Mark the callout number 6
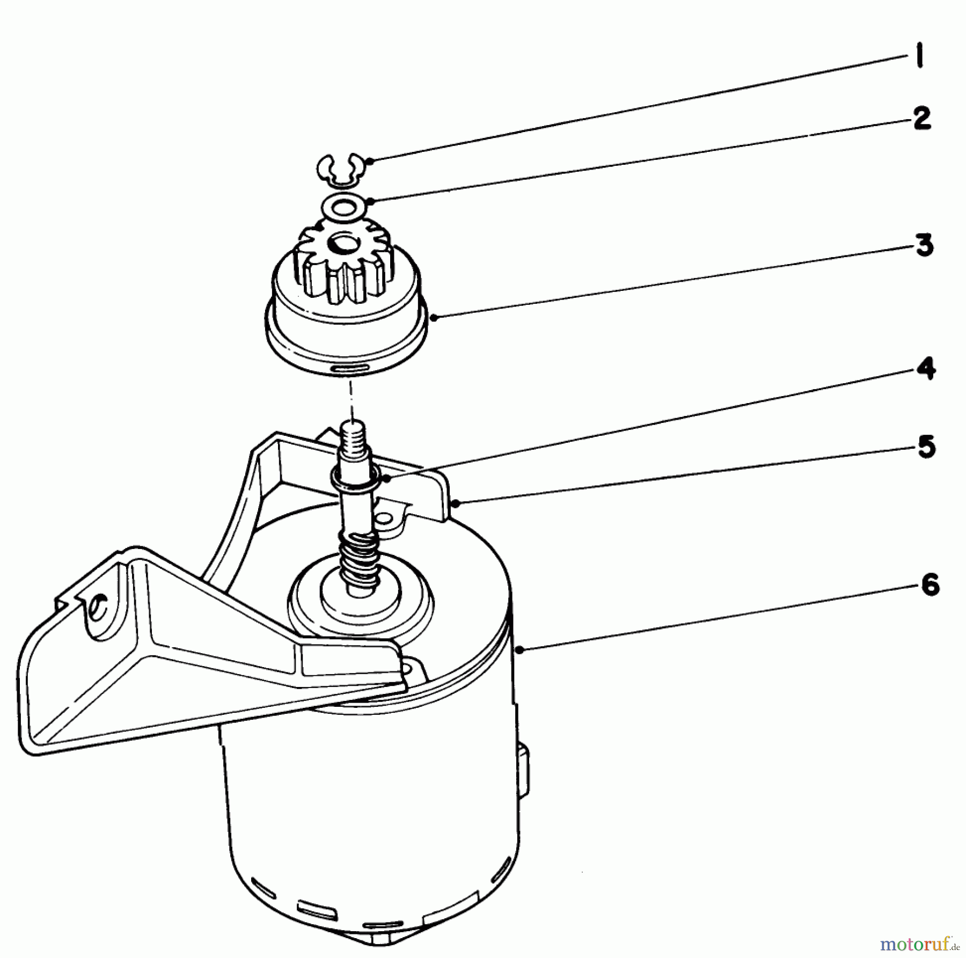(x=929, y=585)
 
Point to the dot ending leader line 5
(x=455, y=503)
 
